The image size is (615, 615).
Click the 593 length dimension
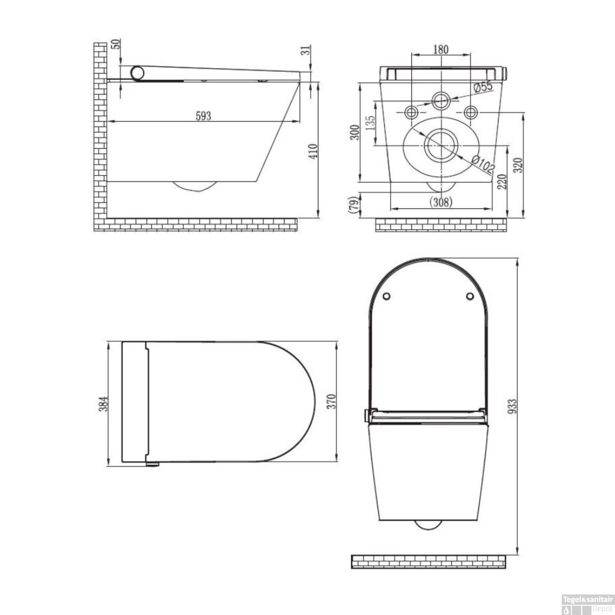203,116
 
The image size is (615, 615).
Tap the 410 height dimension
313,151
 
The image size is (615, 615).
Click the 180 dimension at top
441,50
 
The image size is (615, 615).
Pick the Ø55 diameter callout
483,87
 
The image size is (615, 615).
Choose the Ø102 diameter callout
483,164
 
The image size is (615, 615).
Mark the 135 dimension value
369,124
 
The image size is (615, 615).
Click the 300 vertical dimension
355,132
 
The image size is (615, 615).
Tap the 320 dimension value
518,165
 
